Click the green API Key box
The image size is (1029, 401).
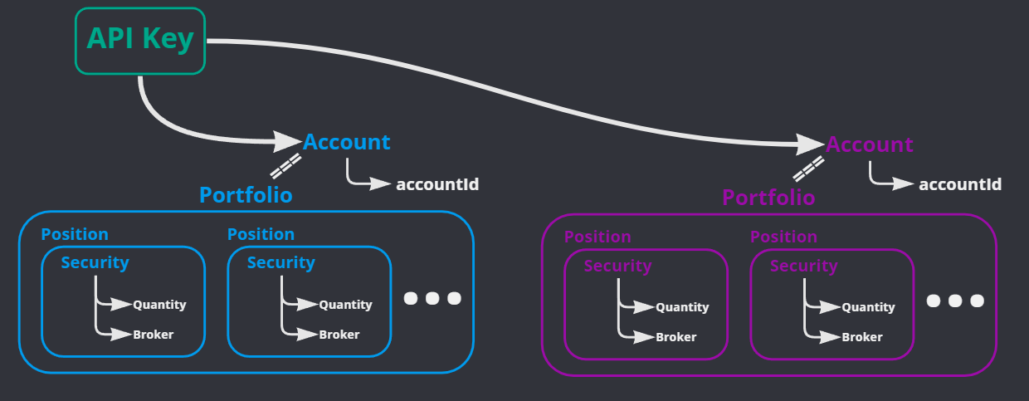(139, 41)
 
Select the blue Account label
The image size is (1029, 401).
(347, 142)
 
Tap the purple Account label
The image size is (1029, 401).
(870, 144)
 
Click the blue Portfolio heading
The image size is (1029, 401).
(246, 195)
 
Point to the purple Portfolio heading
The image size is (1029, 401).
(768, 198)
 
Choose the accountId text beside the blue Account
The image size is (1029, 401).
(437, 184)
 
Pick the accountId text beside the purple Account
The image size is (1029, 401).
(960, 184)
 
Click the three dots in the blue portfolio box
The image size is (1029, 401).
(432, 298)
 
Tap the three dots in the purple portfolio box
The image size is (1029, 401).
(954, 301)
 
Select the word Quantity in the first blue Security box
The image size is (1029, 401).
(159, 305)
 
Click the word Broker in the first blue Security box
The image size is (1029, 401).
(154, 335)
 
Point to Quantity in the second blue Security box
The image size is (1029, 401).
(345, 305)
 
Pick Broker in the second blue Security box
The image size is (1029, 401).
(339, 335)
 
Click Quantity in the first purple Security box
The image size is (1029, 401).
(682, 307)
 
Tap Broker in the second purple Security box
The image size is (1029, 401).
(862, 337)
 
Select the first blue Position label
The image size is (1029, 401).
(75, 234)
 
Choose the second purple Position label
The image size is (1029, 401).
(783, 237)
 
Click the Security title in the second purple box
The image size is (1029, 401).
(803, 266)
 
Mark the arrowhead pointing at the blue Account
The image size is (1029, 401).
(287, 141)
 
